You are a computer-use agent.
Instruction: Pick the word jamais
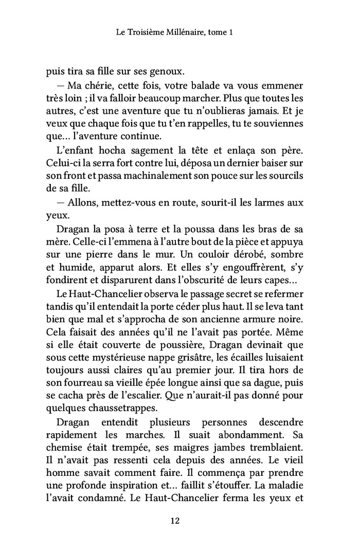coord(261,111)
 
